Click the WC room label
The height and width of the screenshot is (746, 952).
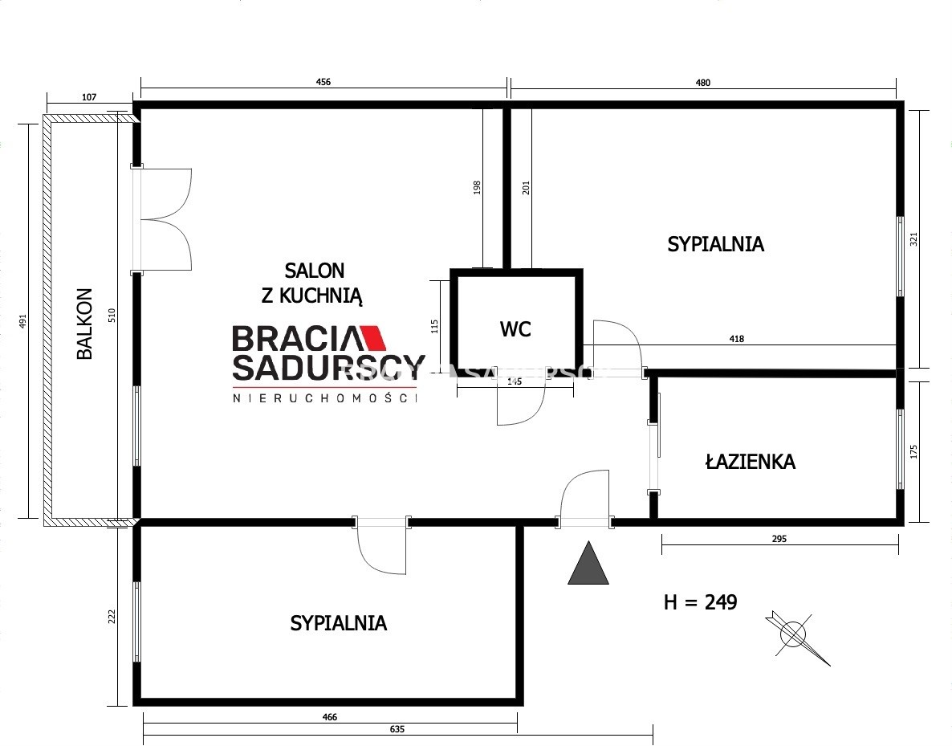(515, 329)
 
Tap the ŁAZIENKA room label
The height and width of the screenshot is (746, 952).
(751, 462)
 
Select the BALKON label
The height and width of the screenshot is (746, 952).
(84, 324)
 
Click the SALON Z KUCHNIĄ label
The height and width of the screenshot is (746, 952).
(313, 283)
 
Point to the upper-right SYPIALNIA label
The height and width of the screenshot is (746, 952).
(715, 244)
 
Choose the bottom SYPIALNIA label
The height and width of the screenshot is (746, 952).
(338, 623)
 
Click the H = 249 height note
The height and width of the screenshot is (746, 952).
(701, 602)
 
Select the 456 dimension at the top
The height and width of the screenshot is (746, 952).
(323, 82)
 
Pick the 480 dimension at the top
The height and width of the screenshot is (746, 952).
(702, 83)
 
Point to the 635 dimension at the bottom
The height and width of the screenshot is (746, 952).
(397, 729)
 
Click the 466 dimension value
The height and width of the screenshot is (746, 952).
(330, 717)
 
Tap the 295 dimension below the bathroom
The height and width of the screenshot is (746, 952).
(779, 538)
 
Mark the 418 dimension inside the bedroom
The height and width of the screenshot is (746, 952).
(736, 339)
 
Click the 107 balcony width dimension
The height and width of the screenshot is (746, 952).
(88, 97)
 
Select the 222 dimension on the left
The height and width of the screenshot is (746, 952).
(111, 617)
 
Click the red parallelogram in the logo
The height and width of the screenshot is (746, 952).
(374, 338)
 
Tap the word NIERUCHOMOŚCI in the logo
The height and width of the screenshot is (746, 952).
(325, 398)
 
